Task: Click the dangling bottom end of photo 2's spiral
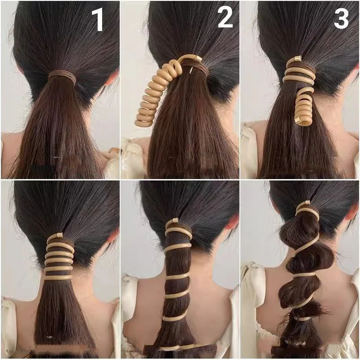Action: point(144,122)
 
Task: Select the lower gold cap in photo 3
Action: point(299,120)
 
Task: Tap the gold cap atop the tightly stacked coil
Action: point(60,235)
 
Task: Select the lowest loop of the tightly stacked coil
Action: point(58,277)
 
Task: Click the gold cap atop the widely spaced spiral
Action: point(176,221)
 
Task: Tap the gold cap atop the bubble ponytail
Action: point(306,203)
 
